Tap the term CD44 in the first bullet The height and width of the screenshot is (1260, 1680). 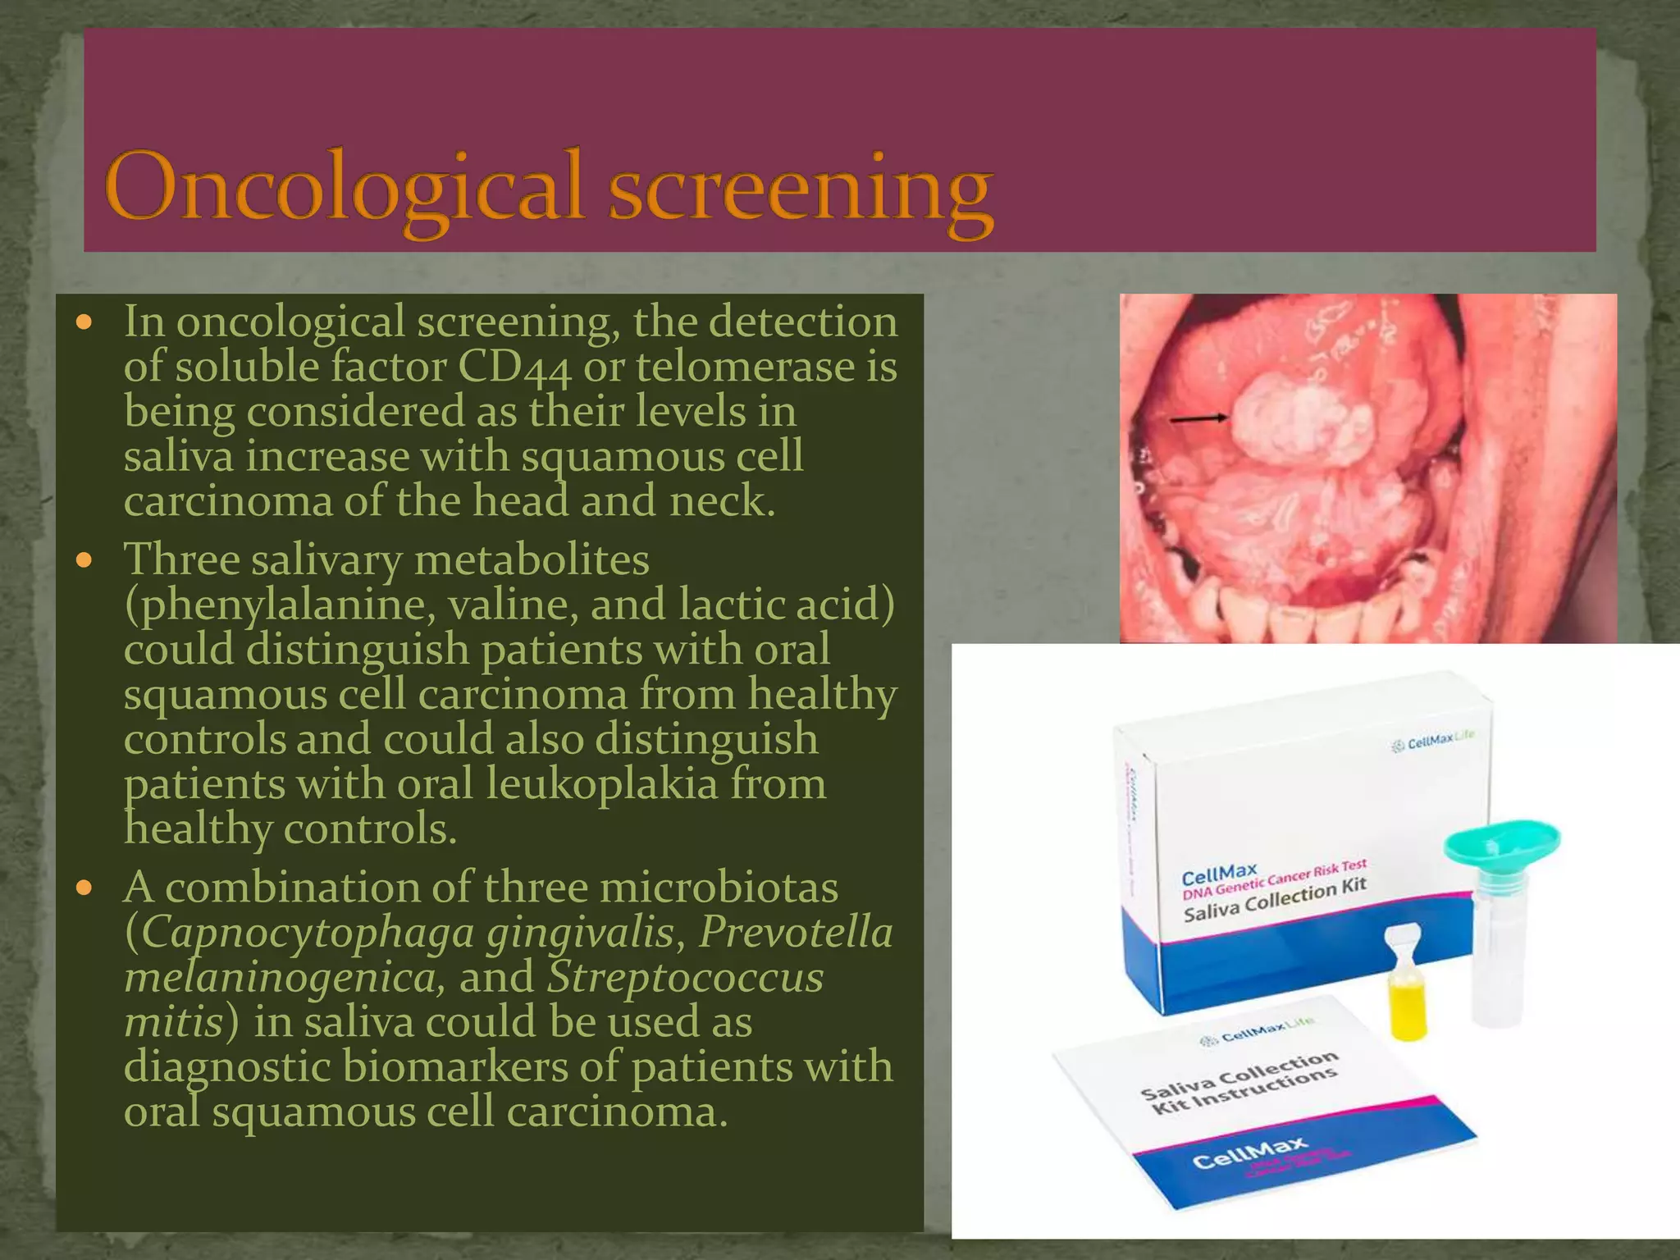click(514, 367)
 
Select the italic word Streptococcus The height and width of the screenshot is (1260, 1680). click(685, 978)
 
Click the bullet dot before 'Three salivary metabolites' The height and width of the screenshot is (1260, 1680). click(84, 562)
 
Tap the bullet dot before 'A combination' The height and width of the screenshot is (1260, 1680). click(84, 888)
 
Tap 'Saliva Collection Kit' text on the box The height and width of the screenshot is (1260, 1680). click(1275, 899)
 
